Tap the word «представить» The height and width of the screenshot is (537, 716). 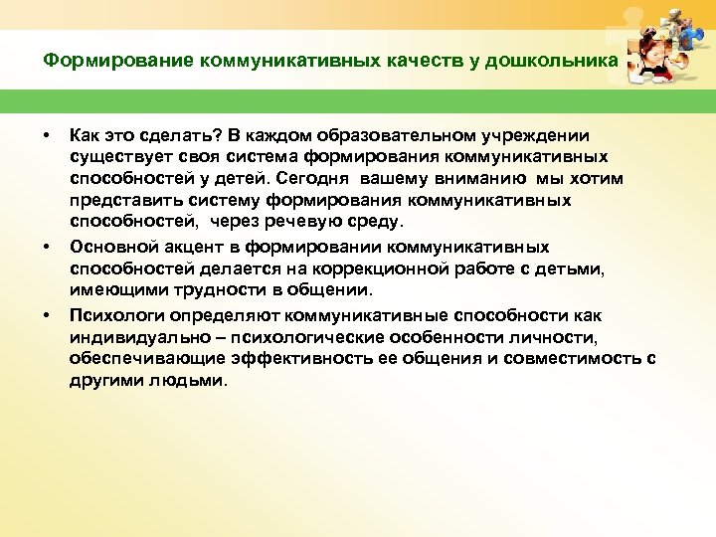(x=117, y=200)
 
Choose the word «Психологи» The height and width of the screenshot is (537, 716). (x=112, y=315)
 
